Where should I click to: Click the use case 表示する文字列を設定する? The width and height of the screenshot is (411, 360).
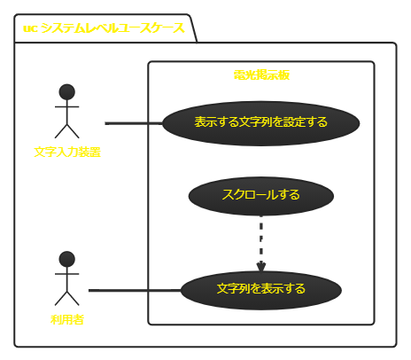(261, 122)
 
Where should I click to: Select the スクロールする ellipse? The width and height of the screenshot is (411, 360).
(261, 196)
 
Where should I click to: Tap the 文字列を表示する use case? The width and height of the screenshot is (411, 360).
(261, 289)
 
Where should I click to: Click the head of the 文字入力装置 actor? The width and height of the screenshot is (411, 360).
(66, 91)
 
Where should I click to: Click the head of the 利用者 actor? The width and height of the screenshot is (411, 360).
(66, 259)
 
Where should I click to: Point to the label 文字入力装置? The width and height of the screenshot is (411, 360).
(67, 152)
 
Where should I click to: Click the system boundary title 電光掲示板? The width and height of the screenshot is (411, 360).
(261, 75)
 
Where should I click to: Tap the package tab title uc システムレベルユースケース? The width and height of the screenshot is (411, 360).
(104, 28)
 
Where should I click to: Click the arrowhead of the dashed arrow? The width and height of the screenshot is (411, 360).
(261, 265)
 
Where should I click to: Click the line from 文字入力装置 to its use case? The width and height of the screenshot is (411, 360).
(133, 122)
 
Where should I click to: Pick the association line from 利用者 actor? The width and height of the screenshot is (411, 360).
(133, 290)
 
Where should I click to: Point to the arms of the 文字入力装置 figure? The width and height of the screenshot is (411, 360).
(66, 107)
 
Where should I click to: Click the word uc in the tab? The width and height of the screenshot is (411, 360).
(29, 28)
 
